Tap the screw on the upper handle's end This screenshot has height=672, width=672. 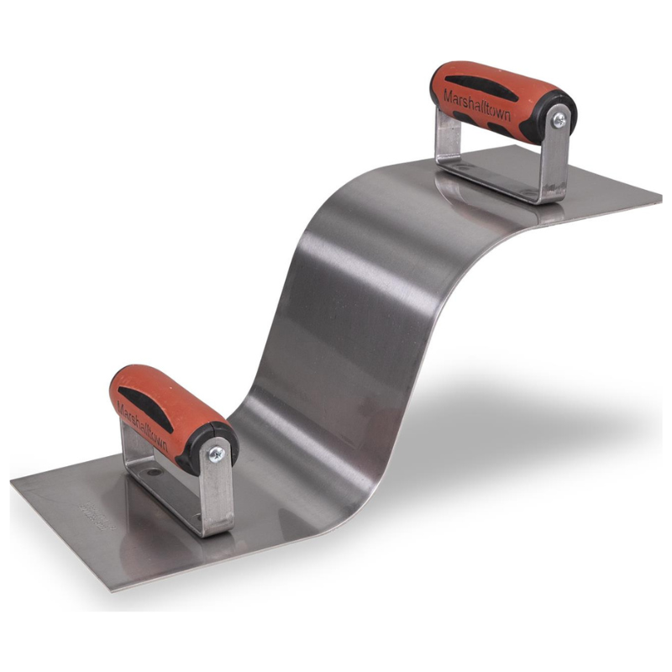557,120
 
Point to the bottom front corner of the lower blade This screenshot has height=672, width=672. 111,588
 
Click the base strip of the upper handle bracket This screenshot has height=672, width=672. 496,181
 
